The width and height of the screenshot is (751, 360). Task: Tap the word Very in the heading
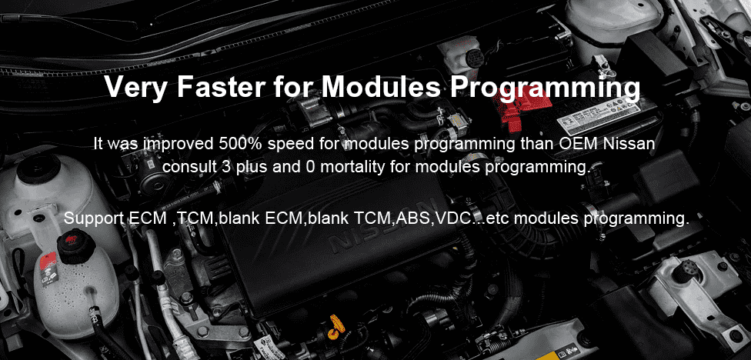point(136,88)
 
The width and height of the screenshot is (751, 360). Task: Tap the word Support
point(95,218)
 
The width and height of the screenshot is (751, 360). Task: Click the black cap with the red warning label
point(75,246)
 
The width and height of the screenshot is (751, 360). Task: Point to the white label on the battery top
point(599,118)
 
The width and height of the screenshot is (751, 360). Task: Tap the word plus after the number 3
point(250,168)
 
